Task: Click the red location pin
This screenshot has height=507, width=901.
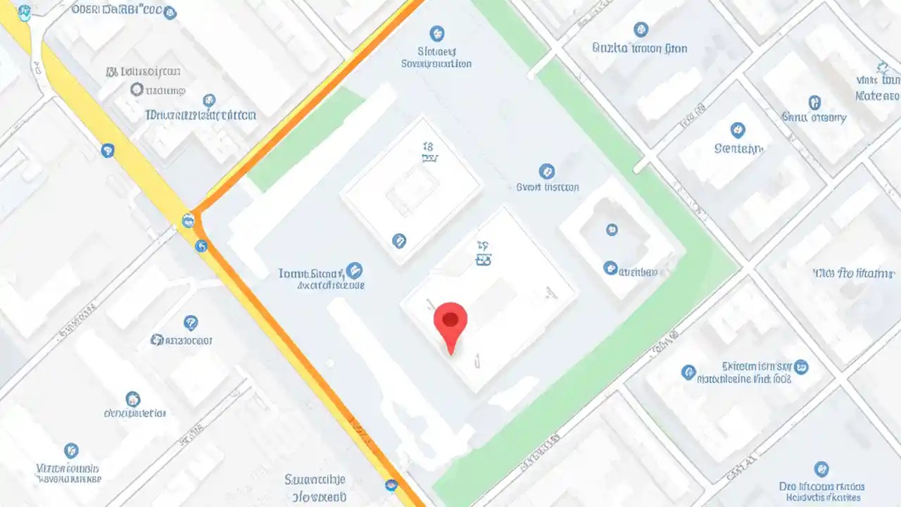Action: [450, 325]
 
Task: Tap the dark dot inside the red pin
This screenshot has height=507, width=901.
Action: [450, 320]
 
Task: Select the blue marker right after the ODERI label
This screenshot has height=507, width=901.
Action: [170, 13]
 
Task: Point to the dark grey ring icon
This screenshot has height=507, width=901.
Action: [137, 89]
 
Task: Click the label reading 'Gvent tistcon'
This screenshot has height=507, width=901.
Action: [547, 187]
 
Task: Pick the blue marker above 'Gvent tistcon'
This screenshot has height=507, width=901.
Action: [546, 171]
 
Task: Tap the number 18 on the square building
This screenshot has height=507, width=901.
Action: [427, 147]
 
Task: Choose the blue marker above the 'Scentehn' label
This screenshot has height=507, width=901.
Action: [738, 130]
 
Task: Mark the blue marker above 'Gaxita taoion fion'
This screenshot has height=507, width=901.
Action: [641, 30]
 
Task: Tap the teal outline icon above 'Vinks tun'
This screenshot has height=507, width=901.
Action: [883, 68]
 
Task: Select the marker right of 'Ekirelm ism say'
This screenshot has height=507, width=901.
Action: [801, 367]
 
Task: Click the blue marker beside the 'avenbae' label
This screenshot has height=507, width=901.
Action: [610, 268]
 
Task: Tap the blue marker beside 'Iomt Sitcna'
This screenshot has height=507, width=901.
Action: [354, 270]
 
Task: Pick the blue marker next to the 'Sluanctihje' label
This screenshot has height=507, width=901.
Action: [391, 485]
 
